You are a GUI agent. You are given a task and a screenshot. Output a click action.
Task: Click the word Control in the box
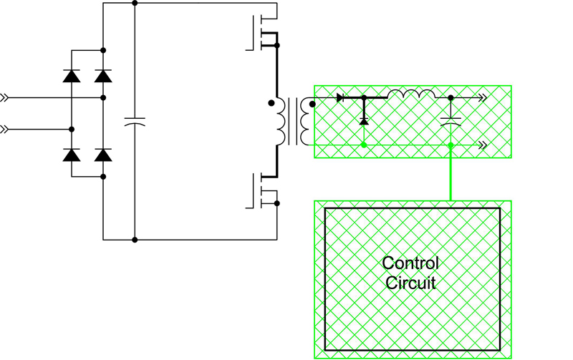click(x=410, y=263)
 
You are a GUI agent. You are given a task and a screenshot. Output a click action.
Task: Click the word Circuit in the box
click(x=410, y=283)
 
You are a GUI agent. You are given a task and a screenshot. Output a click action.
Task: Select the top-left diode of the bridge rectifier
click(x=72, y=76)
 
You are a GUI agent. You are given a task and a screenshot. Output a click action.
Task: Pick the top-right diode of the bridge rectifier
click(x=103, y=76)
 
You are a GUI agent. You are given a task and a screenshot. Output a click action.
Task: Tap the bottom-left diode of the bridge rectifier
click(x=72, y=155)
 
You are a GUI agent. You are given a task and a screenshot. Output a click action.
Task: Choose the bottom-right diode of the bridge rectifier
click(x=103, y=155)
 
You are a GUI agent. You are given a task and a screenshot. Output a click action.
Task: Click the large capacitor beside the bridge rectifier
click(x=135, y=122)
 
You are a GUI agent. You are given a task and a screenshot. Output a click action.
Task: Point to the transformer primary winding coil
click(x=280, y=122)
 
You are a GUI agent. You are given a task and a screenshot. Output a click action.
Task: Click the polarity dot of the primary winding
click(x=271, y=103)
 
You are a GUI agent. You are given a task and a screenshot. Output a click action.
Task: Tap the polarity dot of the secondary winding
click(x=312, y=104)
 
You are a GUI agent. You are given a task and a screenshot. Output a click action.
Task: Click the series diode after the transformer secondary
click(x=340, y=97)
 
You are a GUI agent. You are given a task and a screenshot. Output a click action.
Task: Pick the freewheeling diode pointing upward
click(x=364, y=120)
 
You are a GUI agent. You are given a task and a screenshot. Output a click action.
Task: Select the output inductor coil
click(x=411, y=94)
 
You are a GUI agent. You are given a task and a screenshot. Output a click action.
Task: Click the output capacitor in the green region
click(x=451, y=122)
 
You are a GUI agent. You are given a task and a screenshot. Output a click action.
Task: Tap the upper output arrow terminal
click(x=483, y=97)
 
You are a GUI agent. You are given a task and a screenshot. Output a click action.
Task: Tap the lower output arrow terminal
click(x=483, y=145)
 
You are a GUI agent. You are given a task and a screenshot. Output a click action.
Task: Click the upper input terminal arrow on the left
click(x=4, y=97)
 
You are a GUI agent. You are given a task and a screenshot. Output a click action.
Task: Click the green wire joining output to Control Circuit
click(x=451, y=172)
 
